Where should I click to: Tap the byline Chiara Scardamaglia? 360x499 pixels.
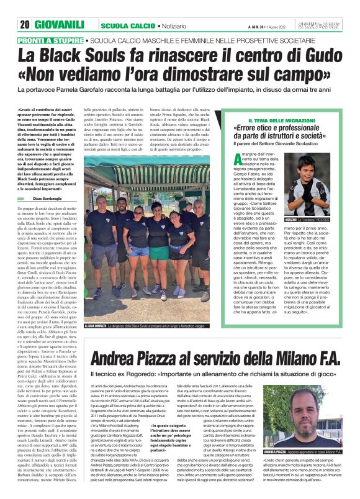[55, 180]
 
